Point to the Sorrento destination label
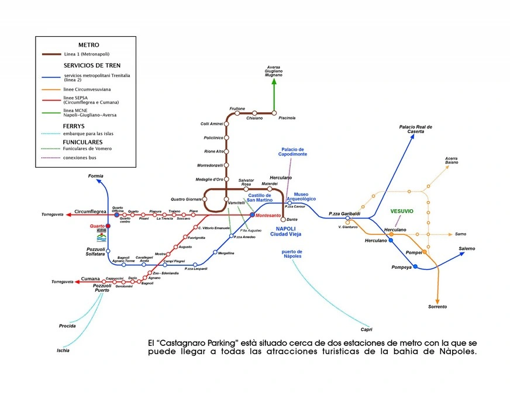tap(437, 307)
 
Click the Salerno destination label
tap(467, 249)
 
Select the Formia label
tap(95, 176)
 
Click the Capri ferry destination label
tap(367, 330)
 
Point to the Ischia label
tap(63, 351)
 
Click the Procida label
tap(67, 325)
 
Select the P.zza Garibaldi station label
tap(344, 213)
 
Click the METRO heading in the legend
tap(88, 44)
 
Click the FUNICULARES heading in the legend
tap(83, 141)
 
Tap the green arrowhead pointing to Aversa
tap(274, 82)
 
